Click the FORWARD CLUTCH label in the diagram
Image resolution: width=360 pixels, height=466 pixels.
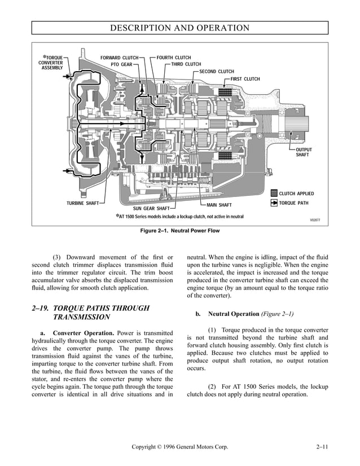point(119,58)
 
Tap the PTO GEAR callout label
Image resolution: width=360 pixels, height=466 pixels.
point(121,64)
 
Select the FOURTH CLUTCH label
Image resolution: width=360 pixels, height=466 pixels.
point(174,58)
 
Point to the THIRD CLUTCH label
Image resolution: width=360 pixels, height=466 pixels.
point(186,64)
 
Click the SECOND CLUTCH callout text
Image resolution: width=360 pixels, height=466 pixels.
point(217,72)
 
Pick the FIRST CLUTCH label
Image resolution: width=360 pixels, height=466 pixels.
point(245,79)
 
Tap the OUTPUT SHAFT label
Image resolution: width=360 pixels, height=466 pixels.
point(304,152)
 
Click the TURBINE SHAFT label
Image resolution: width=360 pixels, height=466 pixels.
point(83,203)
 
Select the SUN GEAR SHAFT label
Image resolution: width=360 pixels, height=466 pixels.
point(151,209)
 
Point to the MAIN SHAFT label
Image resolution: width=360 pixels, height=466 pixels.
point(219,205)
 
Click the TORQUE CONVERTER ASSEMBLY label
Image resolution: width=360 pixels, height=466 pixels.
point(52,63)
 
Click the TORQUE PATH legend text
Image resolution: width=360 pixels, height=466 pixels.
point(293,203)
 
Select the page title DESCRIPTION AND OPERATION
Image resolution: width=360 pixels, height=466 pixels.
point(180,28)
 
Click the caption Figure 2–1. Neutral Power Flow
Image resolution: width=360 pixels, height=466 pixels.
point(180,231)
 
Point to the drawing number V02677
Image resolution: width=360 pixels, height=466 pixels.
point(315,220)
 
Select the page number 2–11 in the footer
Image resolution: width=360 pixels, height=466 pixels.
point(323,447)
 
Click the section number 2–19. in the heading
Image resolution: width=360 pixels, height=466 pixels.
point(45,308)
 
